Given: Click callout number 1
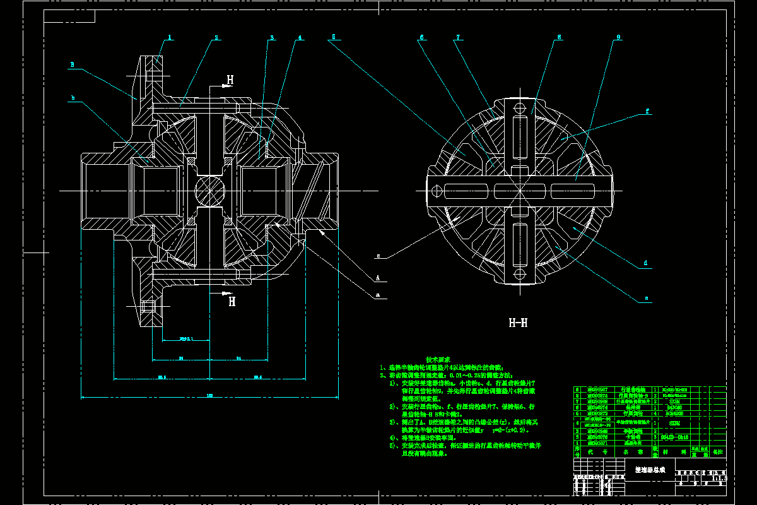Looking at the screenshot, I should pyautogui.click(x=170, y=38).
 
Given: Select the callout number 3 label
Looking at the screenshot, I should pyautogui.click(x=273, y=38).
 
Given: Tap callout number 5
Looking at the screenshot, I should pyautogui.click(x=333, y=37).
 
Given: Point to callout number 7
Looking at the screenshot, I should pyautogui.click(x=458, y=37).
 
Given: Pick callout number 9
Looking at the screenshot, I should pyautogui.click(x=618, y=37).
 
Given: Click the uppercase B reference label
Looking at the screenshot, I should pyautogui.click(x=73, y=64).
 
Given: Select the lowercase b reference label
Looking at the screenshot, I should pyautogui.click(x=73, y=98).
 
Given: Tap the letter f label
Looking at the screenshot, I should pyautogui.click(x=647, y=111).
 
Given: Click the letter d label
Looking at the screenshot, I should pyautogui.click(x=645, y=263).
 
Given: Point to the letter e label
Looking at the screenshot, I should pyautogui.click(x=646, y=297).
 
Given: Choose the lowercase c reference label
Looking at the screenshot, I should pyautogui.click(x=378, y=256).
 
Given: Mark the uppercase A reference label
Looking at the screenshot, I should pyautogui.click(x=377, y=277).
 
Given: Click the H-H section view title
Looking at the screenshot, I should pyautogui.click(x=518, y=323).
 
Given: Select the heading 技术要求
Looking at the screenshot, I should pyautogui.click(x=438, y=359).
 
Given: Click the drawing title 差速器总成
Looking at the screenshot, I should pyautogui.click(x=650, y=470).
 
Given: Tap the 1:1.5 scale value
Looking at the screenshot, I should pyautogui.click(x=719, y=478).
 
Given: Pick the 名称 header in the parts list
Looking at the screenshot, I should pyautogui.click(x=623, y=452).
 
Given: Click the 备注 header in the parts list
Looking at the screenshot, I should pyautogui.click(x=718, y=452).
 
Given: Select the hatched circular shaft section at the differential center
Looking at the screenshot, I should pyautogui.click(x=209, y=190).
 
